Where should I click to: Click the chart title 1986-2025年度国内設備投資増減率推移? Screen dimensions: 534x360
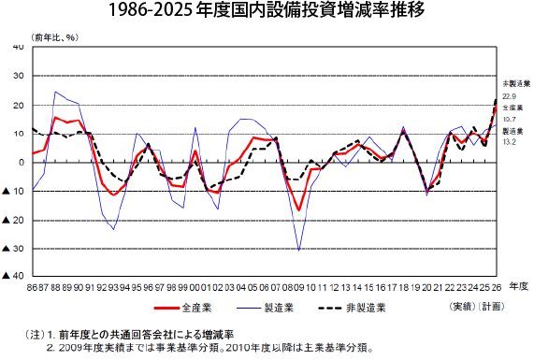point(267,10)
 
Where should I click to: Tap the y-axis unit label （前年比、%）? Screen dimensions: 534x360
point(55,37)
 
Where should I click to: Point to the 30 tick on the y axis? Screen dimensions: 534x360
point(19,76)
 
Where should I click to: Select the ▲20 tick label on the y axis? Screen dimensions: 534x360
point(13,221)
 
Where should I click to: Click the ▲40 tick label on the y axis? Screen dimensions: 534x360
point(13,276)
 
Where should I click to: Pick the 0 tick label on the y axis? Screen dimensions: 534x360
point(22,163)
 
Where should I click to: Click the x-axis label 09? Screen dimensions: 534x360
point(299,287)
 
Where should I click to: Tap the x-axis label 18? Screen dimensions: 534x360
point(404,287)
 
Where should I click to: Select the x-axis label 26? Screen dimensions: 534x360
point(497,287)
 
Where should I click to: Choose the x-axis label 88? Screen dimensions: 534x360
point(55,287)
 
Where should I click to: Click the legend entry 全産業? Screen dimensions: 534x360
point(183,308)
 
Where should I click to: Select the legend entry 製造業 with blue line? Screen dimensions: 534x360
point(266,308)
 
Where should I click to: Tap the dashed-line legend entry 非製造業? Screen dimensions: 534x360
point(352,308)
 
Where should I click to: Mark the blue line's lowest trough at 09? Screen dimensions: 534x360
point(299,251)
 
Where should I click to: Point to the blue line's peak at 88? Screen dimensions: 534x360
point(55,92)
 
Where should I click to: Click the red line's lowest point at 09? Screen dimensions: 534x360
point(299,210)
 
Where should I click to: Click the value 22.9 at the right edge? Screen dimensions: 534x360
point(509,96)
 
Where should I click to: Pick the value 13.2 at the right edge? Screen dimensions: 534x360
point(509,142)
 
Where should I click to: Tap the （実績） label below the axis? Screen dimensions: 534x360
point(462,307)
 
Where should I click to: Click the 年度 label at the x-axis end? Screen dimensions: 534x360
point(518,286)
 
